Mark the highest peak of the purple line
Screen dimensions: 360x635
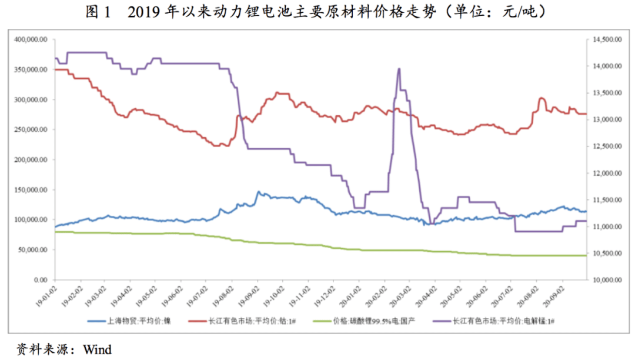coord(399,69)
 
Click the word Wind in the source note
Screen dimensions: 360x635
coord(97,349)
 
